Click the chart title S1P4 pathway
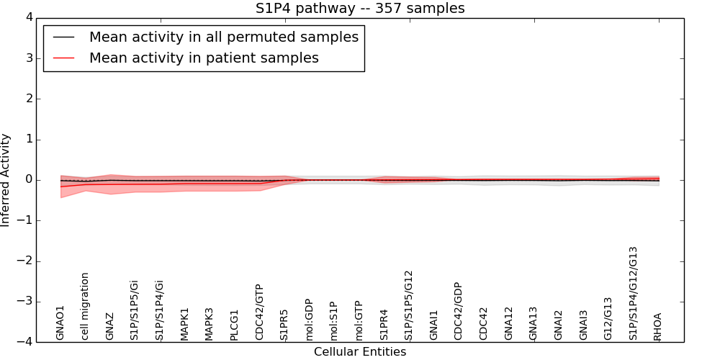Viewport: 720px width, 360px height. click(x=360, y=9)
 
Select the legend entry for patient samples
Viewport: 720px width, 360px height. click(x=204, y=58)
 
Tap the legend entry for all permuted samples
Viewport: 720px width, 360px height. click(x=223, y=37)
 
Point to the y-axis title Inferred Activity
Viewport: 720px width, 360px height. click(x=6, y=180)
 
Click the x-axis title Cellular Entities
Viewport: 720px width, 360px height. click(x=360, y=352)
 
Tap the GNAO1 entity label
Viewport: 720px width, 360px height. click(x=60, y=323)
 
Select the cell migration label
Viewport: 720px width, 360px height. click(x=85, y=306)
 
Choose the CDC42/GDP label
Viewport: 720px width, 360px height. click(x=459, y=311)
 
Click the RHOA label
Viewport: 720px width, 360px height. click(x=657, y=326)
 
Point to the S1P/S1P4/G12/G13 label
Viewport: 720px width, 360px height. click(x=634, y=293)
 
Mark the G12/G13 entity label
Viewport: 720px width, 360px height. click(x=608, y=318)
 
